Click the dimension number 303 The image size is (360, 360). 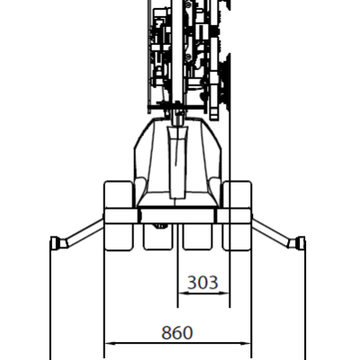pos(202,283)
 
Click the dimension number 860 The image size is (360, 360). pos(177,333)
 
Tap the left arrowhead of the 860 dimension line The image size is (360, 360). pos(110,343)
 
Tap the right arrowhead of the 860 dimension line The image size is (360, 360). pos(245,343)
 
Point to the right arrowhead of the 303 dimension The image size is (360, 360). pos(224,293)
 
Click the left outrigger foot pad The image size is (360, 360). pos(55,243)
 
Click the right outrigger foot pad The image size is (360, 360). pos(300,243)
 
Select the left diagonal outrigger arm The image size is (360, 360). pos(85,233)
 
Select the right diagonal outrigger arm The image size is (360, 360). pos(271,233)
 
